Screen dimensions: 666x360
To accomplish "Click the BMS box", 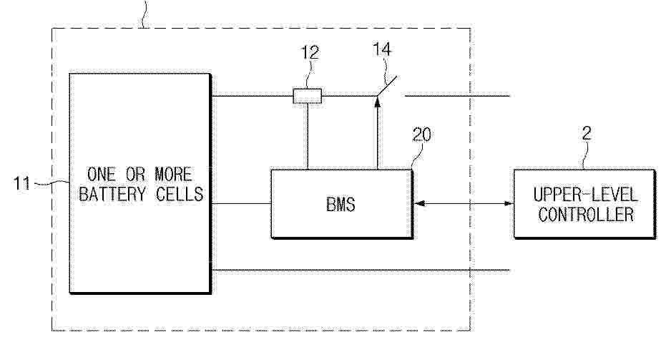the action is pyautogui.click(x=342, y=204).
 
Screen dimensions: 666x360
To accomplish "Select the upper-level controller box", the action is pyautogui.click(x=584, y=204).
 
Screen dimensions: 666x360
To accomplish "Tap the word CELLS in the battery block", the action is pyautogui.click(x=180, y=194).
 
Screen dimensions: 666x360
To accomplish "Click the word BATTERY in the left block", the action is pyautogui.click(x=112, y=194).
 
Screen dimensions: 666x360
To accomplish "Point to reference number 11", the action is pyautogui.click(x=21, y=184).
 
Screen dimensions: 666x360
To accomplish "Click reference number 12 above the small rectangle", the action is pyautogui.click(x=310, y=52).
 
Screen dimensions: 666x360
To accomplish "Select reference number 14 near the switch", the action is pyautogui.click(x=382, y=49).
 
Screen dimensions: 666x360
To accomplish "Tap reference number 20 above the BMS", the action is pyautogui.click(x=422, y=135).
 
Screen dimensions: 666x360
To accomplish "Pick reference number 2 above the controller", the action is pyautogui.click(x=587, y=133).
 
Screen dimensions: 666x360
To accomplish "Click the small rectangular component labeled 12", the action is pyautogui.click(x=307, y=96).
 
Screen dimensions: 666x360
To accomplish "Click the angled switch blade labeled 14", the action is pyautogui.click(x=387, y=86).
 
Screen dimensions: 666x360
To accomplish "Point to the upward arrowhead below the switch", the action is pyautogui.click(x=377, y=101).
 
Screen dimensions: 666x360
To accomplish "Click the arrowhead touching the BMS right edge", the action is pyautogui.click(x=418, y=203).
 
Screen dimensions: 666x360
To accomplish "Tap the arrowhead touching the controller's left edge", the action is pyautogui.click(x=509, y=203).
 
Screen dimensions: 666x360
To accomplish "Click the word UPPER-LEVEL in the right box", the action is pyautogui.click(x=585, y=195).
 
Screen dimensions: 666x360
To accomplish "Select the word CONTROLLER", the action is pyautogui.click(x=586, y=214).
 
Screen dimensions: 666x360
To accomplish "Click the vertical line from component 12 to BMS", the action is pyautogui.click(x=307, y=137).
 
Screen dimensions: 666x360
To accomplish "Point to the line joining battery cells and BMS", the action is pyautogui.click(x=241, y=203).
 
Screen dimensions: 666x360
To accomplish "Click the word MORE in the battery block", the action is pyautogui.click(x=173, y=174).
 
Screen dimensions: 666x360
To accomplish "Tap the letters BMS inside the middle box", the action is pyautogui.click(x=341, y=205).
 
